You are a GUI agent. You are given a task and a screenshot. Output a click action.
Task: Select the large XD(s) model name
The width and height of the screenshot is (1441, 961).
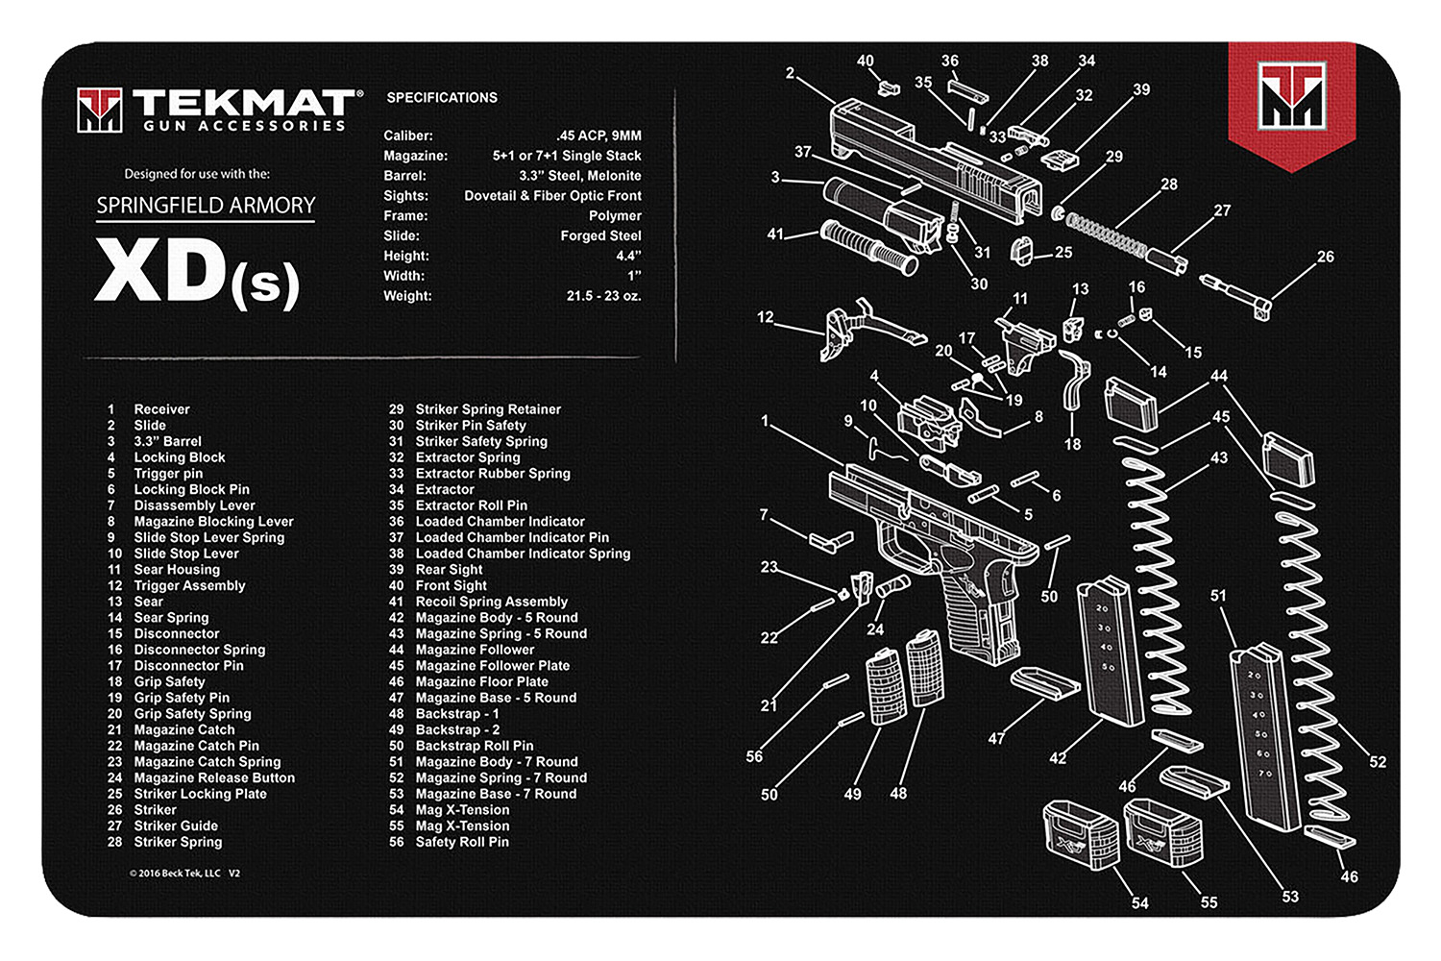pos(197,273)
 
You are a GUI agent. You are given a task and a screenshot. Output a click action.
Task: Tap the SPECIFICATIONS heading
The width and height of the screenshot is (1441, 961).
pos(442,97)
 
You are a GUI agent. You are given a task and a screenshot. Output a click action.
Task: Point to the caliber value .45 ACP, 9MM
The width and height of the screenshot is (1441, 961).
pos(598,136)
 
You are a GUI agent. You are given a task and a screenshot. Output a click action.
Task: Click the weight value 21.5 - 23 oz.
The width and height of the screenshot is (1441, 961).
pos(603,296)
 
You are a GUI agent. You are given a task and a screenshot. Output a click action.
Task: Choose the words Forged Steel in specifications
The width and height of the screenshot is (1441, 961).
pos(600,235)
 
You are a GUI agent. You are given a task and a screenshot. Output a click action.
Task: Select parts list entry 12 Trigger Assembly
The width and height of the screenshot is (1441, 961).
pos(189,585)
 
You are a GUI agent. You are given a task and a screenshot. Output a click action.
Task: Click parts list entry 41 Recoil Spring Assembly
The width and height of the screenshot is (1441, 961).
pos(491,602)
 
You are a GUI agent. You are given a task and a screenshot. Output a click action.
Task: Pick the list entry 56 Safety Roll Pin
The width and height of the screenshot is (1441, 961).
pos(461,842)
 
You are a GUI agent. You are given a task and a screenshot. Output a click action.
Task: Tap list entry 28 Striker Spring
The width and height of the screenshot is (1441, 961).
pos(178,842)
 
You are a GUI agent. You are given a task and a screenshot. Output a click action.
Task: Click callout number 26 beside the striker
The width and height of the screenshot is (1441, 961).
pos(1325,257)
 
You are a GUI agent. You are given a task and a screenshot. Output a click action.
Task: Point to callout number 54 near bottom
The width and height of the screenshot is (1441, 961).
pos(1139,902)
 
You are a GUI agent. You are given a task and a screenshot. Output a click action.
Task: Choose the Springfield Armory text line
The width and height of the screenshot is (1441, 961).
pos(206,206)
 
